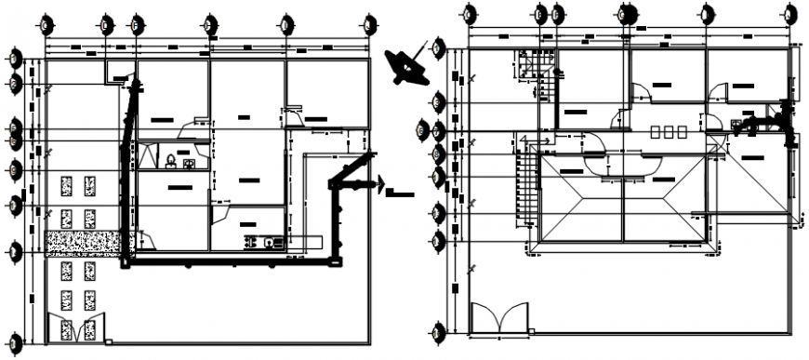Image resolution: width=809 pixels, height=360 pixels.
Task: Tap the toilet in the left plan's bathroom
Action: (x=171, y=163)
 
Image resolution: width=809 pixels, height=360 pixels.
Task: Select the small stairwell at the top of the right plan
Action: (x=537, y=71)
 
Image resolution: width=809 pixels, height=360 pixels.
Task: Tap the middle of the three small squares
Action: (x=670, y=131)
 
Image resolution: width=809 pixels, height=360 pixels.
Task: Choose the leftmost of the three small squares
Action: (x=656, y=131)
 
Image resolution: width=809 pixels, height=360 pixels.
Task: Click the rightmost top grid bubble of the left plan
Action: (x=371, y=21)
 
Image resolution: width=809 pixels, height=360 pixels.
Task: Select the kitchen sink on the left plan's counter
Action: (x=270, y=243)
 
